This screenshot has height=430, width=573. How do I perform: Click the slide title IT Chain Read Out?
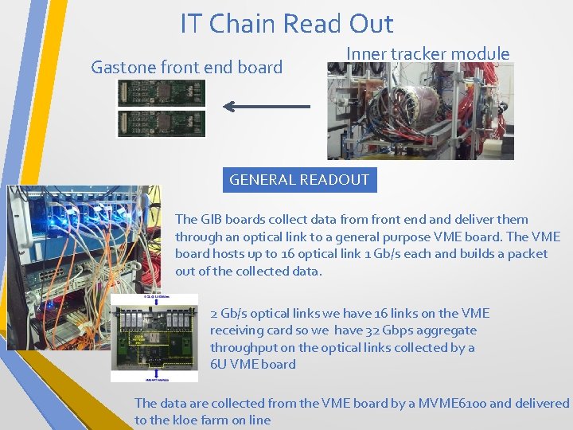point(286,24)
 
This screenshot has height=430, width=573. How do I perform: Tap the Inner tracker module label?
point(428,53)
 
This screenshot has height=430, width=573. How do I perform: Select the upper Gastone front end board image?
point(162,94)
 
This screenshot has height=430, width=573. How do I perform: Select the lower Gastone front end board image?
point(162,123)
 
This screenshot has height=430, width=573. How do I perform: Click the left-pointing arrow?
point(267,106)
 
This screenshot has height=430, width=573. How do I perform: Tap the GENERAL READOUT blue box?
point(299,179)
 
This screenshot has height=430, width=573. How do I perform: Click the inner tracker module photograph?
point(420,111)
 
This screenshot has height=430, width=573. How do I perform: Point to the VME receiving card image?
point(154,338)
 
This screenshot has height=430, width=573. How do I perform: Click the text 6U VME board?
point(252,365)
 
